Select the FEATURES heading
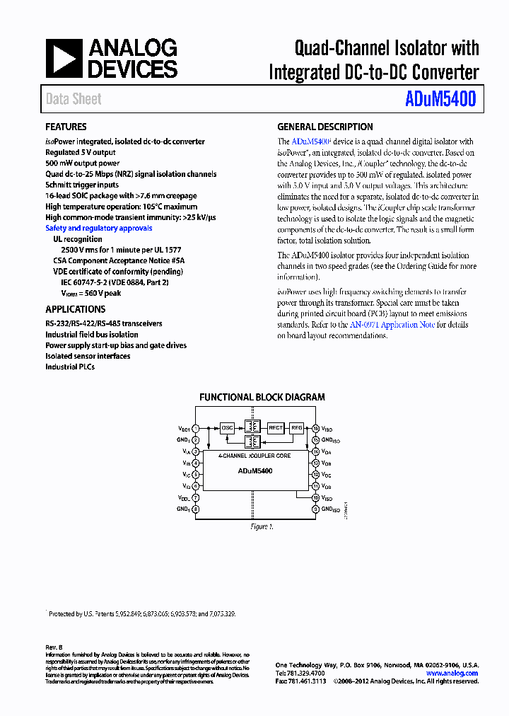coord(66,127)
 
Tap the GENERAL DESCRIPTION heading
coord(324,127)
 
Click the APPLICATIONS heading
coord(75,309)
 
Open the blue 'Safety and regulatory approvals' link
coord(98,229)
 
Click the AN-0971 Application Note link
coord(392,325)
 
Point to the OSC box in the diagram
coord(227,428)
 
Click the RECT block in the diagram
coord(276,428)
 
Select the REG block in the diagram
coord(297,428)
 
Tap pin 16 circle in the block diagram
coord(315,428)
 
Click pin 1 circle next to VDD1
coord(196,428)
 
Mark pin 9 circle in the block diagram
coord(315,509)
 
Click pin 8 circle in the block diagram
coord(196,509)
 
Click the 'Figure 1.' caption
coord(262,526)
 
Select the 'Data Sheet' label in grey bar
coord(74,100)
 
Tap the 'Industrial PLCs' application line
coord(71,367)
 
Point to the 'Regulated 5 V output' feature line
coord(81,152)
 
